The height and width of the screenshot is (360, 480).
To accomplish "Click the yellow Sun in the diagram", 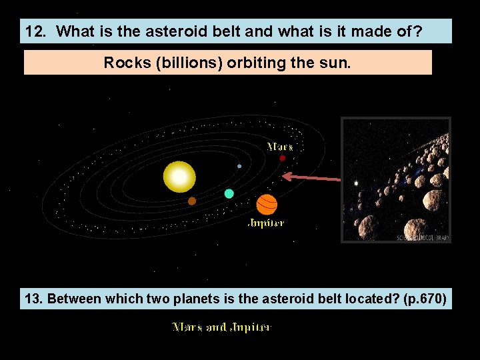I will tap(179, 177).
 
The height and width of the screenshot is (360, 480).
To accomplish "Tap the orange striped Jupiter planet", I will tap(267, 204).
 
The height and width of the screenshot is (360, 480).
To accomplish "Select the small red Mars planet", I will tap(282, 158).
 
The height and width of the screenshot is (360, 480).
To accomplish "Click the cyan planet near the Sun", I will tap(229, 193).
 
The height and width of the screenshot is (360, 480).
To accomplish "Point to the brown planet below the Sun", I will tap(192, 201).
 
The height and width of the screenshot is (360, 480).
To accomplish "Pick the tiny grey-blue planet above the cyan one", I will tap(239, 166).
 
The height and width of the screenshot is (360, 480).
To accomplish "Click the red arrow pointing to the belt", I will tap(311, 177).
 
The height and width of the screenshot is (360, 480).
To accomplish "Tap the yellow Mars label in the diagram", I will tap(280, 146).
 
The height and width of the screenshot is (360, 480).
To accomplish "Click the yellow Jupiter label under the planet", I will tap(266, 223).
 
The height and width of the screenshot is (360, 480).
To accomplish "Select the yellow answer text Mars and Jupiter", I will tap(222, 327).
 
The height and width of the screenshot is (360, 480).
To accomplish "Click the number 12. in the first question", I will tap(35, 31).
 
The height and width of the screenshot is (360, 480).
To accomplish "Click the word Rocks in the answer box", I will tap(123, 63).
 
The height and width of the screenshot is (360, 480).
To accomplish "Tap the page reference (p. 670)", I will tap(425, 299).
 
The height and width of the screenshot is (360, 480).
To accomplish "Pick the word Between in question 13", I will tap(73, 299).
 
